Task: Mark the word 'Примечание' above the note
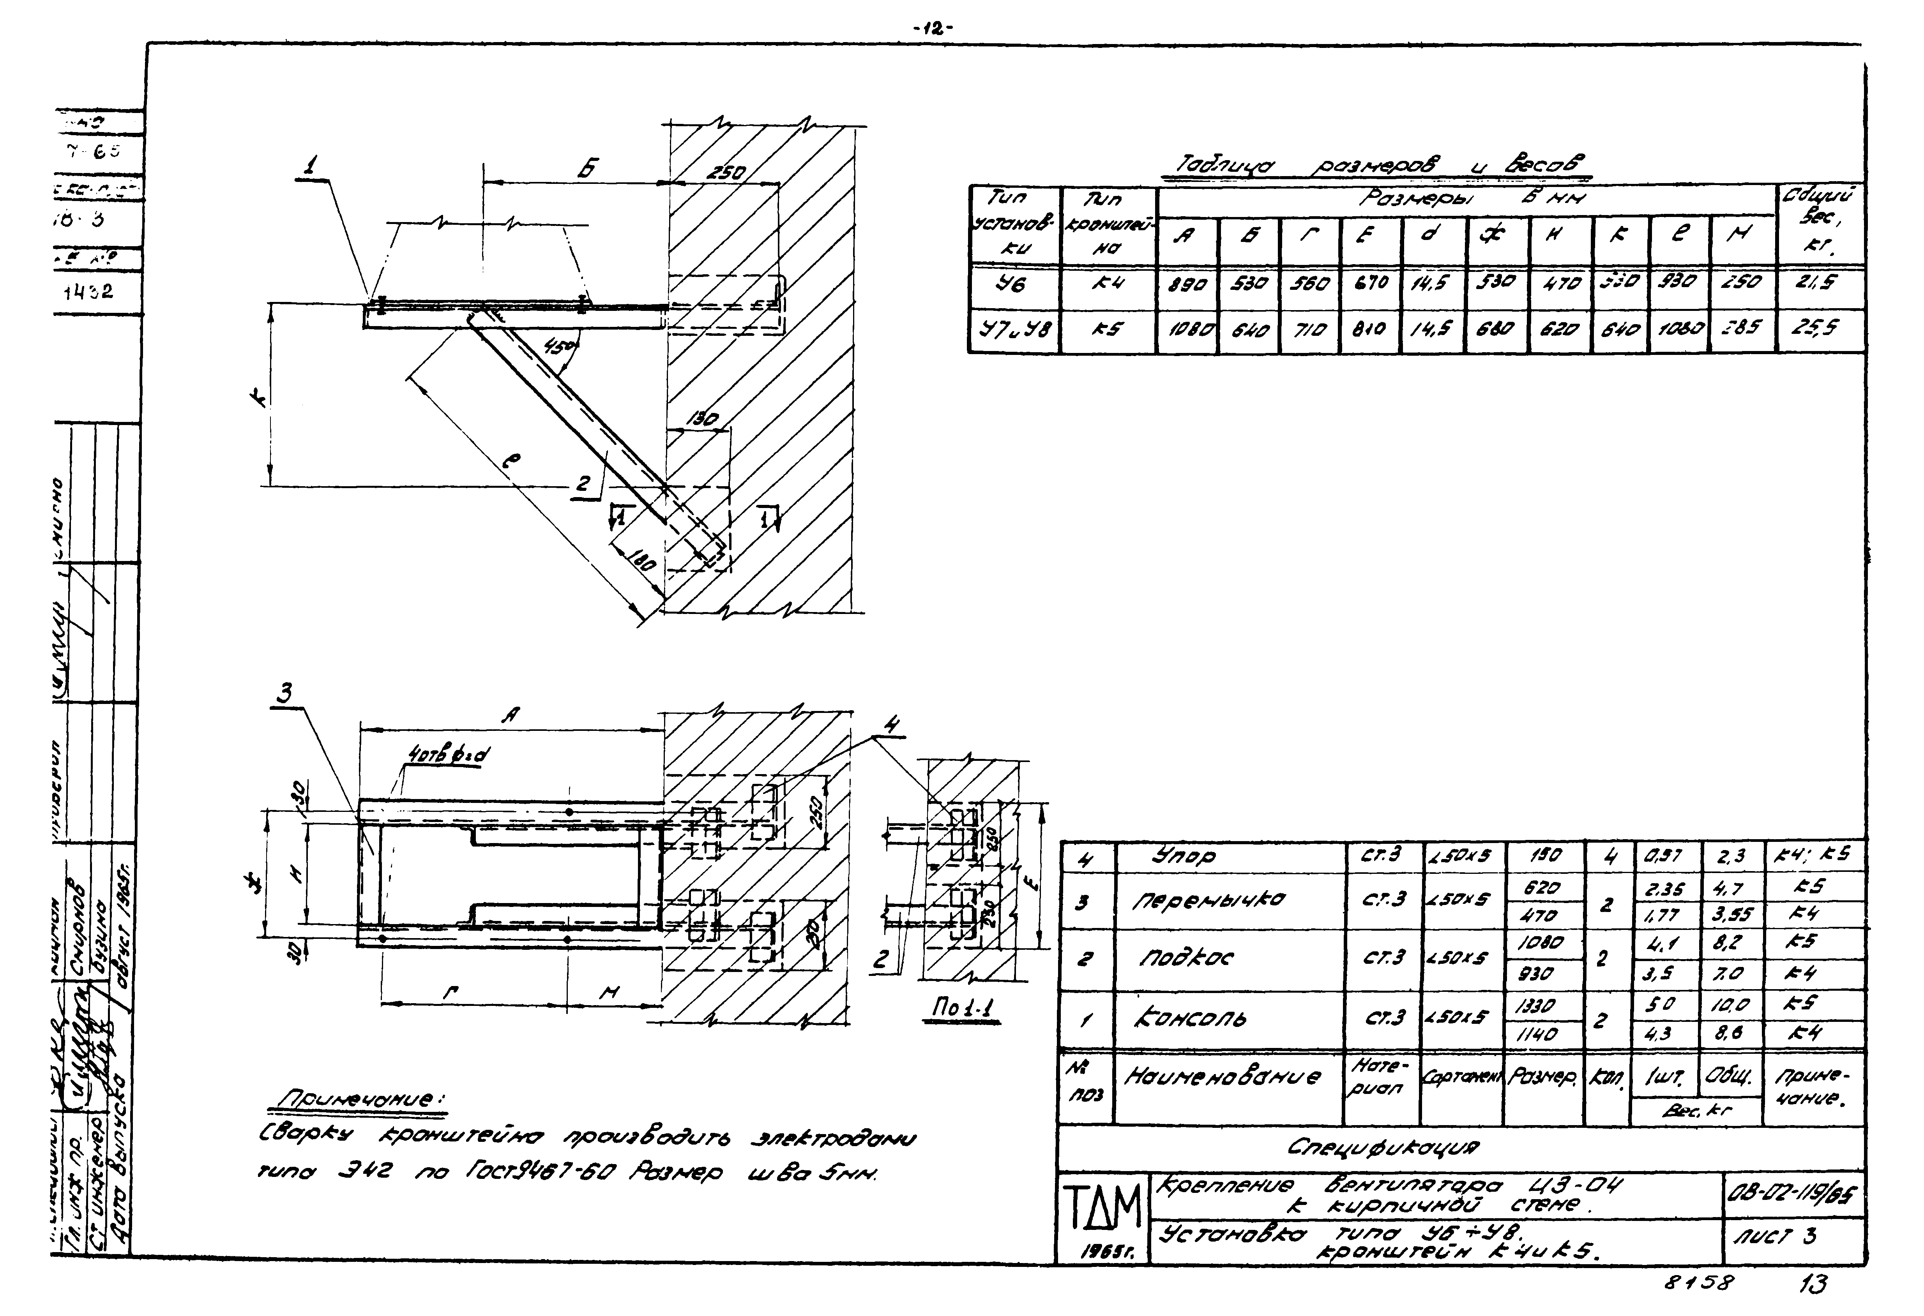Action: pos(362,1099)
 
